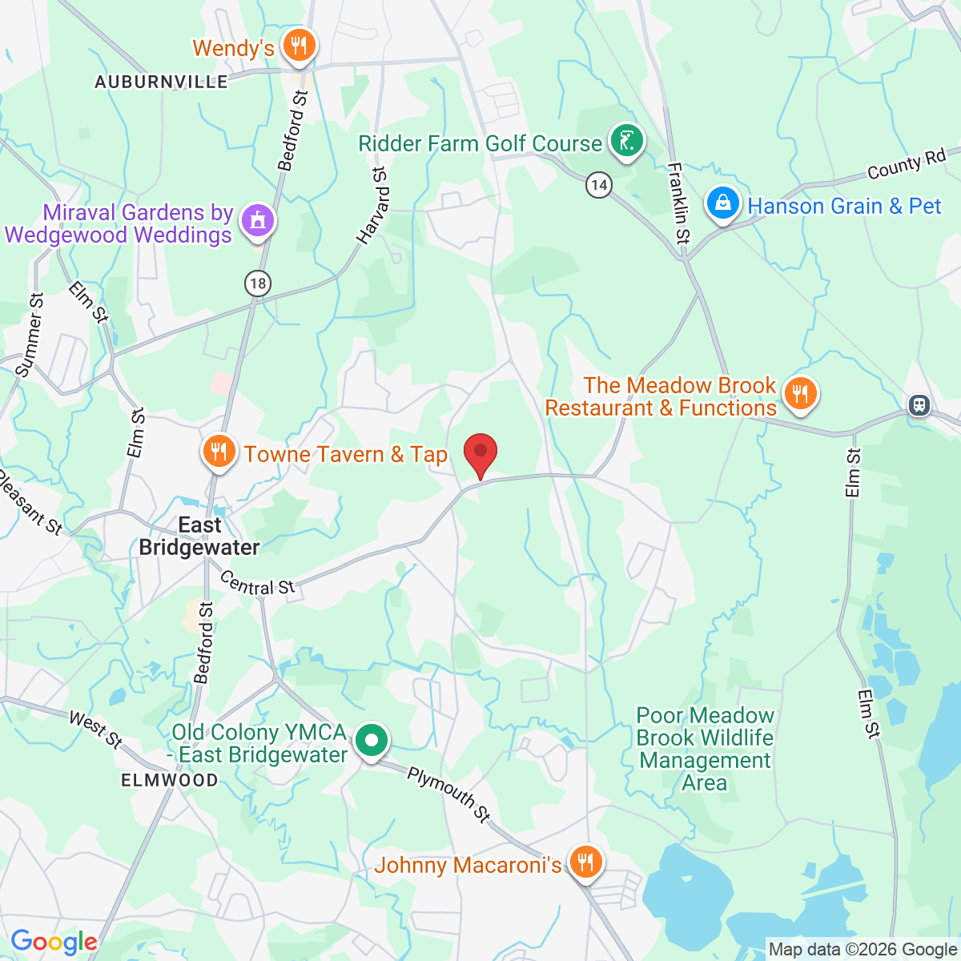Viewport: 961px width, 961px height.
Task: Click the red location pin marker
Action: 480,454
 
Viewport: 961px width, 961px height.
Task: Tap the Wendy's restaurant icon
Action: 300,45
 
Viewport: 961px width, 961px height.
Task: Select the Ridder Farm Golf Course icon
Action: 626,142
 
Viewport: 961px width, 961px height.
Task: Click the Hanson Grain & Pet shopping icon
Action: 722,203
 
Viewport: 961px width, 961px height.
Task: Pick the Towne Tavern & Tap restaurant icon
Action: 218,452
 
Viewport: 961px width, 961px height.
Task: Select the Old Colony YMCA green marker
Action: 372,741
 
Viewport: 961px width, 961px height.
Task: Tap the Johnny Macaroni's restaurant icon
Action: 586,862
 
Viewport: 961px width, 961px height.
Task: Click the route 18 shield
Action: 258,283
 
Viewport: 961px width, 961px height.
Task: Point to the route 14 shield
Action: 598,186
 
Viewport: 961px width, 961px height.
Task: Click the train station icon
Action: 919,405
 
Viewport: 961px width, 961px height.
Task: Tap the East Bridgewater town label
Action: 199,536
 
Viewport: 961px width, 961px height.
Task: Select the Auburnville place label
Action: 161,82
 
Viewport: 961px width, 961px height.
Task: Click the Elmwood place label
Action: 169,780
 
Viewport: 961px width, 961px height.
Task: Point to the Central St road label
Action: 257,584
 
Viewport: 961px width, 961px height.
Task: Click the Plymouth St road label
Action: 448,794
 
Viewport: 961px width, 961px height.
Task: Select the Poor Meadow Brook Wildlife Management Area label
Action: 706,749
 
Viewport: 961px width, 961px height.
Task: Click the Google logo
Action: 54,943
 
